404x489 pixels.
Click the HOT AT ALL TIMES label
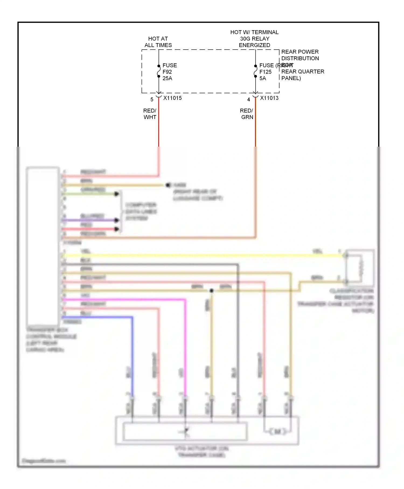coord(158,42)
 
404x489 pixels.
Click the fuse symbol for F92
coord(159,71)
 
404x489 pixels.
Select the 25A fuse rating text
coord(167,78)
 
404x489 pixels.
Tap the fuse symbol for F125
coord(255,71)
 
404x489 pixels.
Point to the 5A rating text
coord(263,78)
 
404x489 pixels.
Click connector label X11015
coord(172,98)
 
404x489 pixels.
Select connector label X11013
coord(269,98)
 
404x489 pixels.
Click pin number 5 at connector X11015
coord(152,100)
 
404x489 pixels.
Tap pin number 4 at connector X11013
coord(249,100)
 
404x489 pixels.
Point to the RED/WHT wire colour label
coord(150,114)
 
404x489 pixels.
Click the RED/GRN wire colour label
coord(247,114)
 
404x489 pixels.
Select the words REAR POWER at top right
coord(300,52)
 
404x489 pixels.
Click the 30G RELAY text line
coord(255,39)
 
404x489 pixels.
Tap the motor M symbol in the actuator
coord(277,432)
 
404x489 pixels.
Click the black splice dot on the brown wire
coord(212,291)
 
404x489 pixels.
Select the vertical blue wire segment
coord(132,356)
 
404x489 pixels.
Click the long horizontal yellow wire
coord(202,256)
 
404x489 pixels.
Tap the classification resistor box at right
coord(360,267)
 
